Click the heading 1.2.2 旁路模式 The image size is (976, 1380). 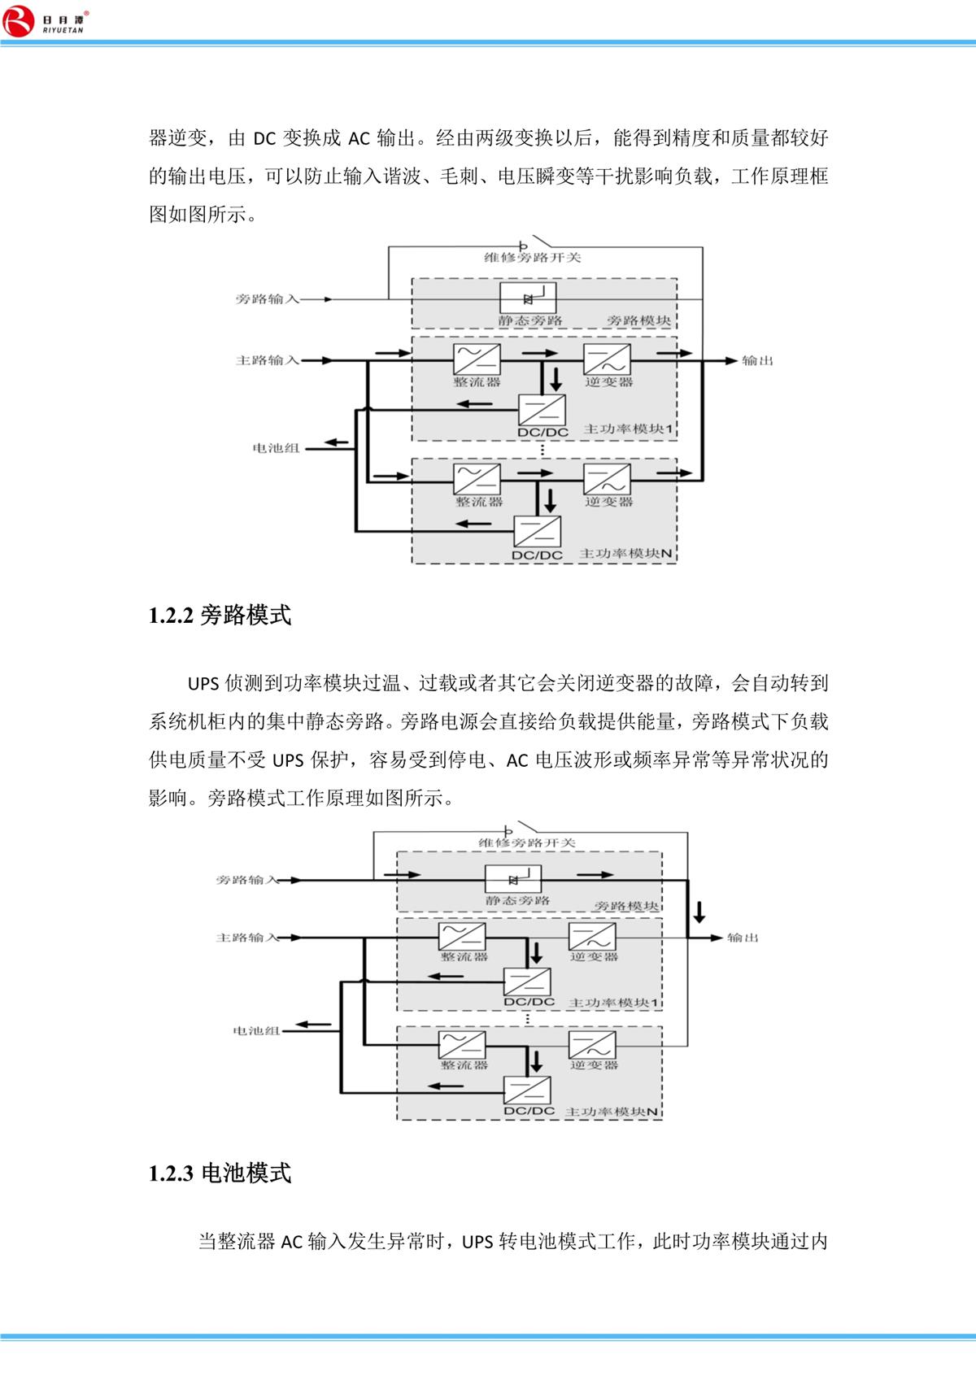click(220, 616)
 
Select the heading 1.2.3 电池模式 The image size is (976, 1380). click(220, 1173)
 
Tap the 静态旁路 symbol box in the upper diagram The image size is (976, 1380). click(527, 298)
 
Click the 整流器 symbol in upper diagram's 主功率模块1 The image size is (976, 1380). click(476, 358)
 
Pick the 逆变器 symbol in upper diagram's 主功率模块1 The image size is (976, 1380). click(607, 358)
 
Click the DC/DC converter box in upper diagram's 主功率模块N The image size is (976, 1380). click(537, 532)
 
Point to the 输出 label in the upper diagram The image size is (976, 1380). click(756, 361)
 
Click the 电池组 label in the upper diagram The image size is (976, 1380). click(277, 448)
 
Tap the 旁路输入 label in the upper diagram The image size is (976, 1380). click(268, 299)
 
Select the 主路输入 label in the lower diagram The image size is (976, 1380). click(247, 938)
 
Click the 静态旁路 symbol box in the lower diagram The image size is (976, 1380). click(513, 879)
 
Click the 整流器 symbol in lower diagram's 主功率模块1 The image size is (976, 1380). click(462, 936)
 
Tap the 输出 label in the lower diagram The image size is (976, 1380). click(742, 938)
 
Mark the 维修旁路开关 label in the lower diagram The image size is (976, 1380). click(527, 843)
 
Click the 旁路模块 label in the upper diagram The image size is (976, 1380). click(639, 320)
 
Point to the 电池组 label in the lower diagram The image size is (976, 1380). click(256, 1031)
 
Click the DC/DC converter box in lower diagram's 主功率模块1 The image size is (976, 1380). click(527, 982)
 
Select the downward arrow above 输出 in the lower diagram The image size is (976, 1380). click(698, 910)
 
